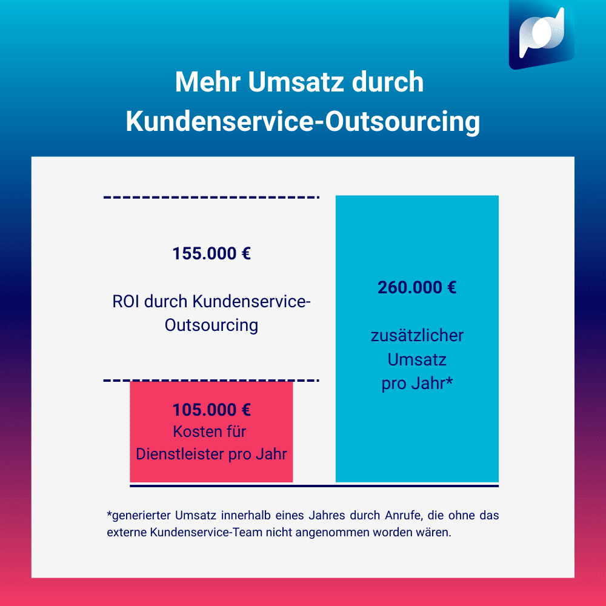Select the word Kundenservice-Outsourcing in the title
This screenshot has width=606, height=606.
click(302, 121)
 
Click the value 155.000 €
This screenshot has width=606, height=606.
click(211, 253)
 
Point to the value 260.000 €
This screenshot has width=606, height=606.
click(417, 287)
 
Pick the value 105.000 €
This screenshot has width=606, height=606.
click(211, 410)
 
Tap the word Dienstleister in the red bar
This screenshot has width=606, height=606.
click(179, 454)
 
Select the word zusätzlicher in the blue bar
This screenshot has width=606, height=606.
click(417, 335)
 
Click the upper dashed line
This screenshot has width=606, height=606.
click(211, 198)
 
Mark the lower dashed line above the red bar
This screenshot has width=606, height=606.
click(211, 381)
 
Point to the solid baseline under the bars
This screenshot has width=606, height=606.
click(314, 485)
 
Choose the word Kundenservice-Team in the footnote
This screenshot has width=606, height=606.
click(191, 534)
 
